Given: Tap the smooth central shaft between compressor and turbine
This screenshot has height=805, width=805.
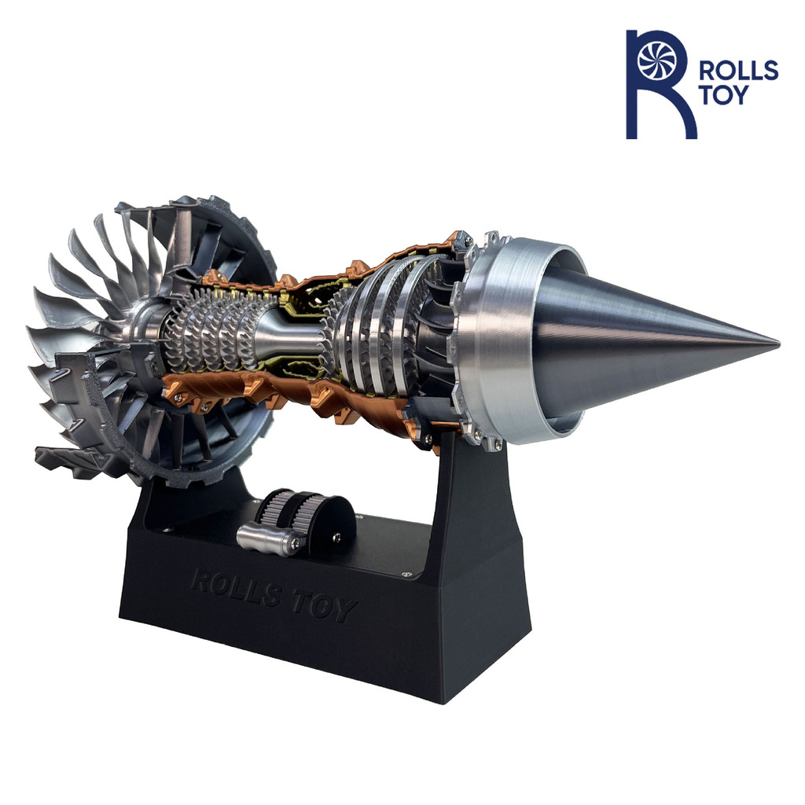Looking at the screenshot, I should coord(291,330).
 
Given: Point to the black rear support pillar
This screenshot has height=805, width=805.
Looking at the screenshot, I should coord(472,503).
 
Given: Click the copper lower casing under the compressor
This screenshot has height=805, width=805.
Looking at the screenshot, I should coord(236,393).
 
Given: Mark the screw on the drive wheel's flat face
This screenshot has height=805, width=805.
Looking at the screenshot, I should coord(336,537).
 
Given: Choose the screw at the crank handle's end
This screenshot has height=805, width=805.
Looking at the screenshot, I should coord(295,542).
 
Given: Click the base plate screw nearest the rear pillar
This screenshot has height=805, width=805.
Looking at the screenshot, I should coord(406,573).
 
